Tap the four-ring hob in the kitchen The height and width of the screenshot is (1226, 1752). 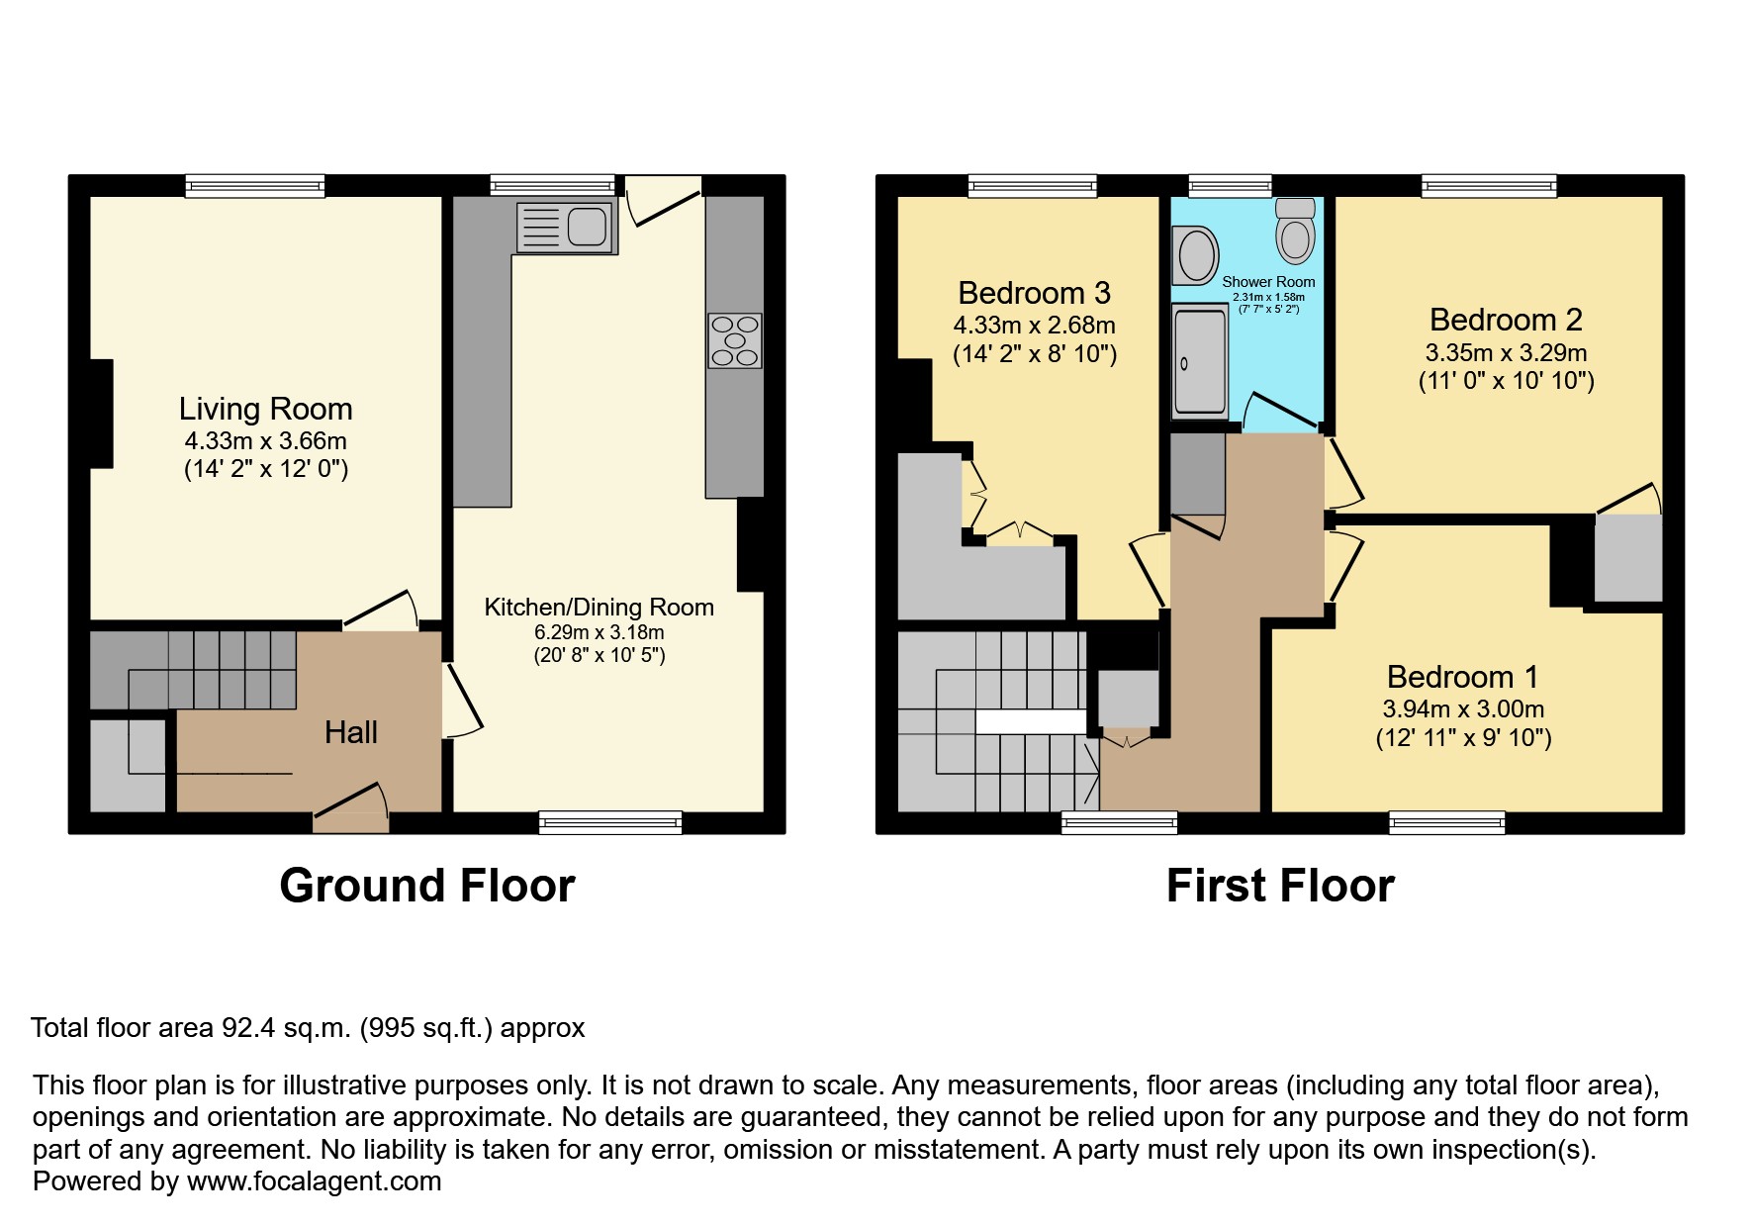tap(735, 341)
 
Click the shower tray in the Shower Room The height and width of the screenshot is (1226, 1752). tap(1199, 361)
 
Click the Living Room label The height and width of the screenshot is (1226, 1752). tap(265, 409)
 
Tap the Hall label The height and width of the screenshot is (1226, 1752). tap(351, 732)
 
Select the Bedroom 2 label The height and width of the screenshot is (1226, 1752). tap(1506, 320)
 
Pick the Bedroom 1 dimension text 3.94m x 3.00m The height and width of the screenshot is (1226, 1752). tap(1463, 708)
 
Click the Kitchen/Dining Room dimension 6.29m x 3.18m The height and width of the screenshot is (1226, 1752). tap(599, 632)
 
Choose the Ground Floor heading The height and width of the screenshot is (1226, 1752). tap(427, 886)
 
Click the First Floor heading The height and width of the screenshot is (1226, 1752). tap(1280, 886)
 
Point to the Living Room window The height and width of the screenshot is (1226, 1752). tap(255, 186)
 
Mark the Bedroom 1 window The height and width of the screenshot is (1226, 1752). tap(1447, 822)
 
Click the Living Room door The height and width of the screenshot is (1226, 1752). tap(381, 611)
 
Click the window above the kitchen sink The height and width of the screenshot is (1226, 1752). tap(552, 186)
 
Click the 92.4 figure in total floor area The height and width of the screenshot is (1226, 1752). tap(239, 1028)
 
